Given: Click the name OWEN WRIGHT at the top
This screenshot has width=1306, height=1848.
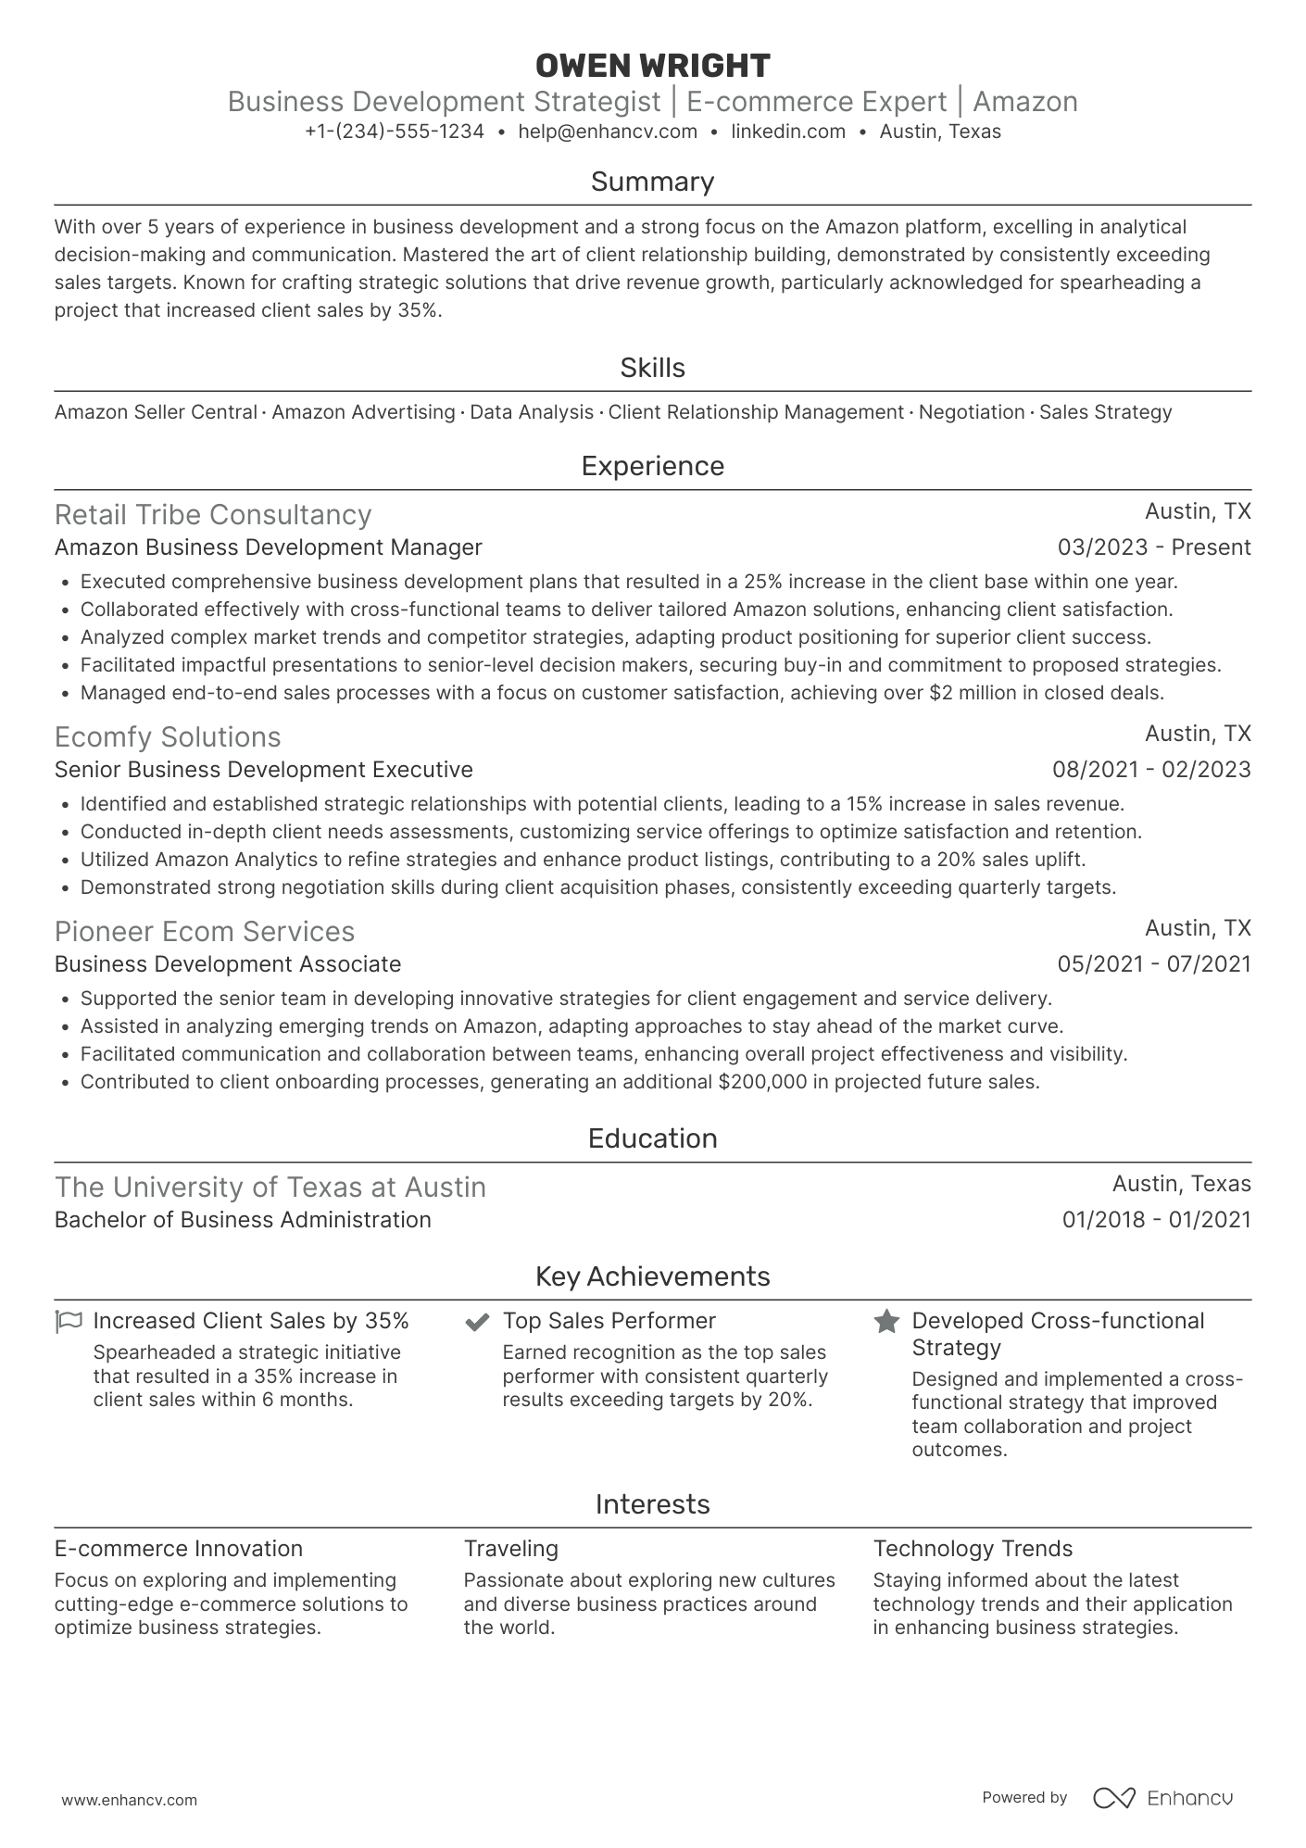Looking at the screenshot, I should tap(652, 66).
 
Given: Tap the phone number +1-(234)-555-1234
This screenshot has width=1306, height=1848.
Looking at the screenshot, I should tap(395, 132).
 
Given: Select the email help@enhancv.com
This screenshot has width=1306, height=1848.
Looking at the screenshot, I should tap(608, 132).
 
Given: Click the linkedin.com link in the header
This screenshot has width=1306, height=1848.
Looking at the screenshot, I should tap(788, 132).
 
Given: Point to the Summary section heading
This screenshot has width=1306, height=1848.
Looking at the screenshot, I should tap(652, 182).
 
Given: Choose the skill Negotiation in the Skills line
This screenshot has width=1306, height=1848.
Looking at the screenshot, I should tap(971, 412).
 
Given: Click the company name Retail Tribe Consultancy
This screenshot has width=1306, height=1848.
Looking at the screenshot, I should tap(213, 514).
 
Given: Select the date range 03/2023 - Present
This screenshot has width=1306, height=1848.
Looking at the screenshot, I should tap(1154, 547).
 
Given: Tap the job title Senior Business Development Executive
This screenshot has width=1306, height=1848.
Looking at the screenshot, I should tap(264, 770).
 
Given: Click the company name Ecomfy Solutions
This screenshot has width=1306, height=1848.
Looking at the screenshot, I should tap(168, 736).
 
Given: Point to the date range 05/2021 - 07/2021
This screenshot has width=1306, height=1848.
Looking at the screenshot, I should tap(1154, 964).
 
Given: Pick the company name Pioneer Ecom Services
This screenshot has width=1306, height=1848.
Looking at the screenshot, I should tap(205, 931).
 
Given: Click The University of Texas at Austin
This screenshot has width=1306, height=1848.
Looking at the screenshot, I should tap(270, 1187).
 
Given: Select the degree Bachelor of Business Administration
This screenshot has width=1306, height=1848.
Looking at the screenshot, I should tap(243, 1220).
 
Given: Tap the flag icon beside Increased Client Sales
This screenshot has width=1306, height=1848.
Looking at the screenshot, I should tap(69, 1321).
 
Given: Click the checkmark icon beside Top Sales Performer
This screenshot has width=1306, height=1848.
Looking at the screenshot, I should tap(477, 1321).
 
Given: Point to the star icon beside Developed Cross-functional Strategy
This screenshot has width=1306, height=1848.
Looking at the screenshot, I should tap(886, 1321).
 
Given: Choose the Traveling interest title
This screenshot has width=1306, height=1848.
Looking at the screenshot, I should tap(511, 1549).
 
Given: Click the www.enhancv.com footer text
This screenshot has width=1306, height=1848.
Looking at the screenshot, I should tap(130, 1800).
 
